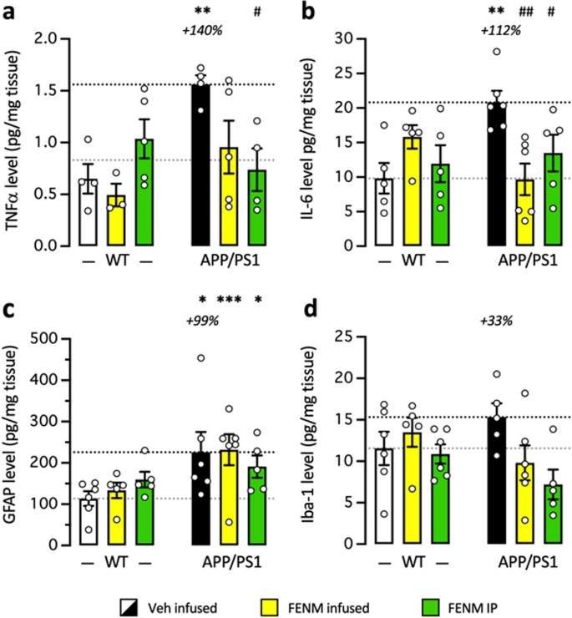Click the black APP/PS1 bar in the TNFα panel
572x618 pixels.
pos(200,167)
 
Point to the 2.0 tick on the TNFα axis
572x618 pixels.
pos(56,38)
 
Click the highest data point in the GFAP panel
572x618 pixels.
pos(200,358)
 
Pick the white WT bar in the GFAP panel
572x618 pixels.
pos(89,522)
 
